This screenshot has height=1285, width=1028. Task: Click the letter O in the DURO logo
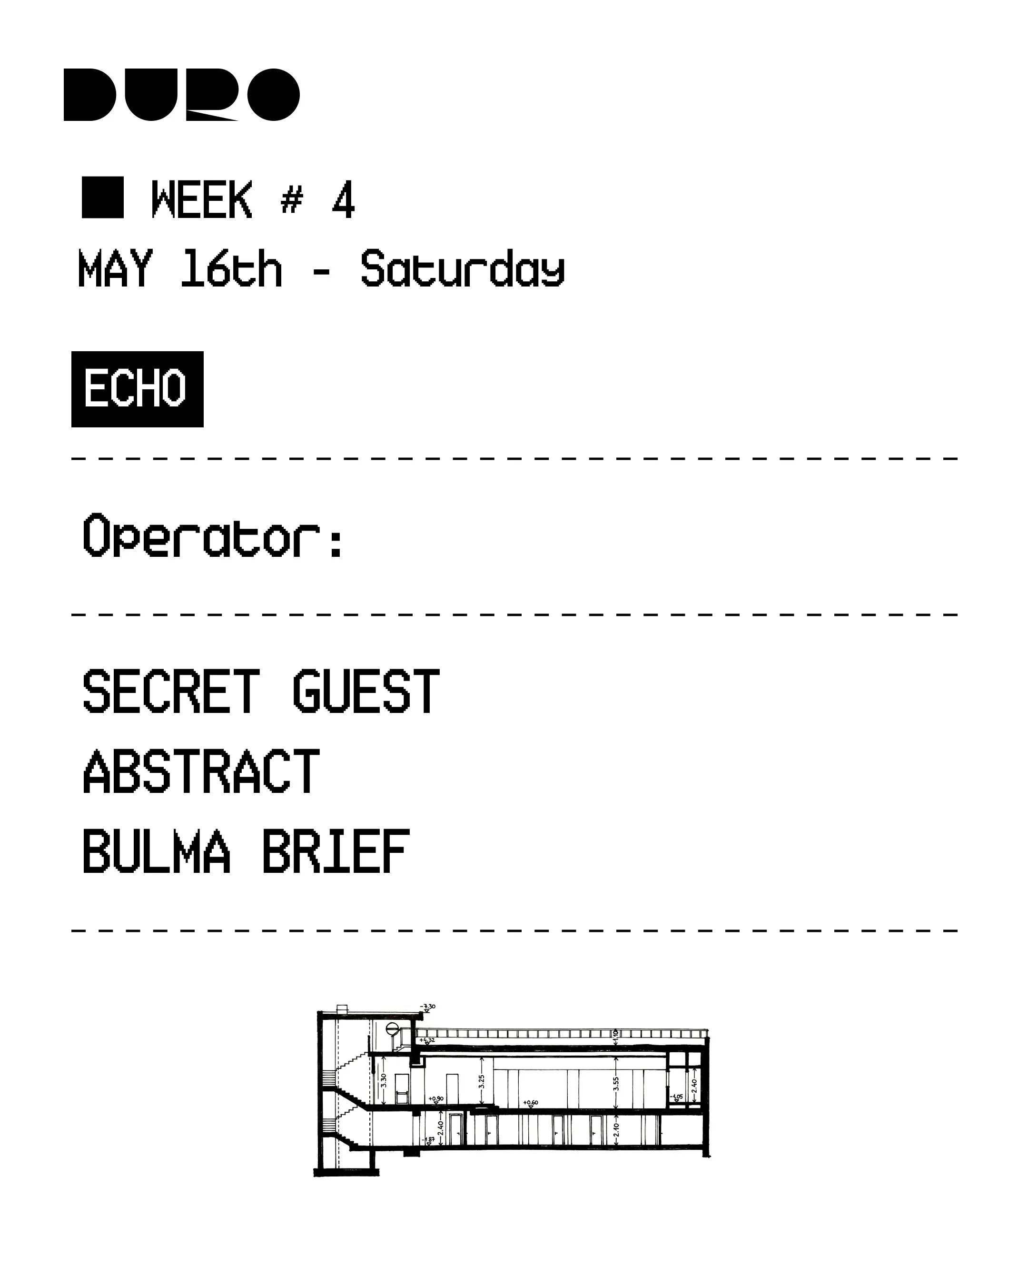[273, 95]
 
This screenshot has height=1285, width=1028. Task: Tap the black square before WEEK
[102, 198]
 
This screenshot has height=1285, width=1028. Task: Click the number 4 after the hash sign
[343, 200]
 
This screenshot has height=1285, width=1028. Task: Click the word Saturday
[463, 269]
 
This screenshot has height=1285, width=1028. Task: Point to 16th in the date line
[231, 269]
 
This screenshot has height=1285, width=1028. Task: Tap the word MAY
[115, 269]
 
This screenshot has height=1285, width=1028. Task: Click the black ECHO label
[137, 389]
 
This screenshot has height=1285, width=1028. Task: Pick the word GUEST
[366, 692]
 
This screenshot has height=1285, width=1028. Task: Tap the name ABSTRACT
[201, 772]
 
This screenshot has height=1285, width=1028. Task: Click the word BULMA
[156, 852]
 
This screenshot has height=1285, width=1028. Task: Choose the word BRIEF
[336, 852]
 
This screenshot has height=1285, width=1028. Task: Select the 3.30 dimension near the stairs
[383, 1080]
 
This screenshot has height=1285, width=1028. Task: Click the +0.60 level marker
[530, 1103]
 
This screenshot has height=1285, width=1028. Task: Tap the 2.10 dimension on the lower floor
[616, 1129]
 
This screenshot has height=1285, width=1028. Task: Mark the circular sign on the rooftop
[392, 1028]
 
